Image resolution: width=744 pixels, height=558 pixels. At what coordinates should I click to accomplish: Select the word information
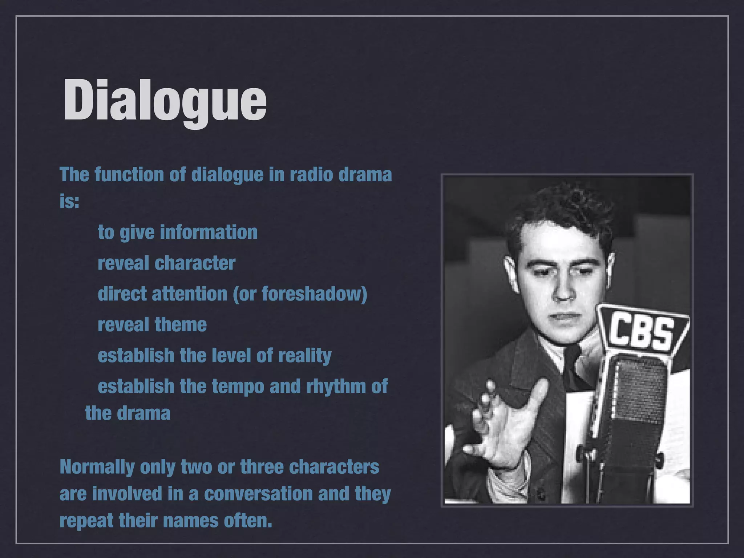209,232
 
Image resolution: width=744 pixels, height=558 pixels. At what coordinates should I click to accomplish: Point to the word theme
181,324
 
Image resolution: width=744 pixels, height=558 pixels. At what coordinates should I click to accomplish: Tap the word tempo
238,386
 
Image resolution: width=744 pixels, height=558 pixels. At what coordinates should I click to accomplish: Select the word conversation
258,494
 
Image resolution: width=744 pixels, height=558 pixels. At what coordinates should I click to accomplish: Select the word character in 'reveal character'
195,263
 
